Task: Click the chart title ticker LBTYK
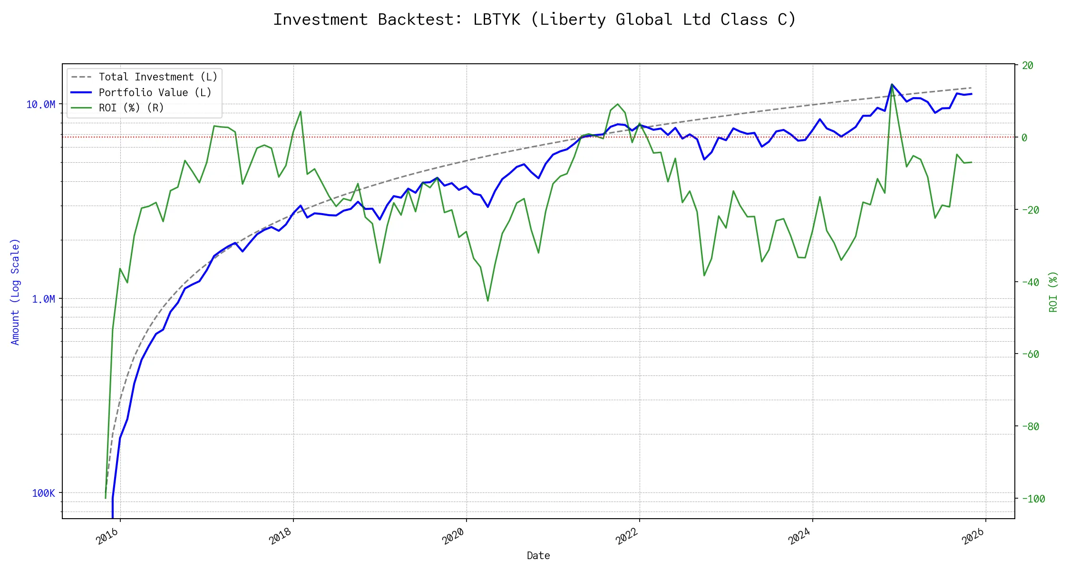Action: (496, 20)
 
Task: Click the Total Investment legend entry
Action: (157, 77)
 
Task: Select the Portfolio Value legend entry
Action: (155, 92)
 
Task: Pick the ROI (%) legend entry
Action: (131, 108)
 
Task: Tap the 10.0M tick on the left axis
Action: (40, 104)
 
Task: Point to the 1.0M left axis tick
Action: (43, 299)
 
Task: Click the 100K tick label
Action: (43, 493)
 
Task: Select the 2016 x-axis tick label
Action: (108, 537)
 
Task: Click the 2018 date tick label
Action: (281, 537)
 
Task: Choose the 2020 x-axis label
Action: (454, 537)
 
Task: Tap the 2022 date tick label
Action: (627, 537)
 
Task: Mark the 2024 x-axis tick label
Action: (800, 537)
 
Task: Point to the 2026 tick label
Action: (973, 537)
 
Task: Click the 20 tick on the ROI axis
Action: (1028, 65)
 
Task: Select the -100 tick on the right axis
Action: (1033, 499)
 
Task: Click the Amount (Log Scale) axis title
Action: (15, 292)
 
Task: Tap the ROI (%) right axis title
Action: (1053, 292)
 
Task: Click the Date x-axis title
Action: (538, 556)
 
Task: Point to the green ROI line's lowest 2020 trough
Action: (488, 301)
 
